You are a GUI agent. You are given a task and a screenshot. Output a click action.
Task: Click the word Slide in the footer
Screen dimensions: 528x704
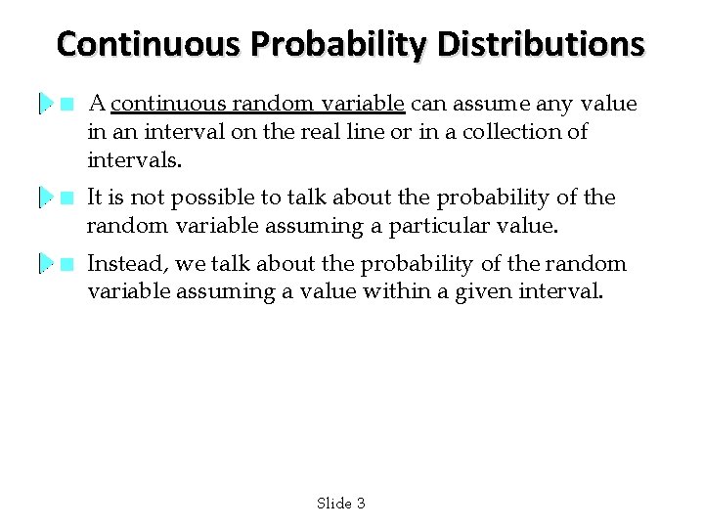[333, 504]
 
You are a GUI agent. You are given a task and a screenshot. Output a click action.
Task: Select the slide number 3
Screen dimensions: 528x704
[361, 504]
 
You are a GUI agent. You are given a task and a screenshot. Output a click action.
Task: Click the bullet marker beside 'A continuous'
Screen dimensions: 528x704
[66, 104]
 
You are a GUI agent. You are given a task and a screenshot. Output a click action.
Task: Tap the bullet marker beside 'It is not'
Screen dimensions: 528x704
[66, 198]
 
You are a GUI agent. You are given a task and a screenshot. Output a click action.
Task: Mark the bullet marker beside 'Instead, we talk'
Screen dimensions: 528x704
[66, 264]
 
